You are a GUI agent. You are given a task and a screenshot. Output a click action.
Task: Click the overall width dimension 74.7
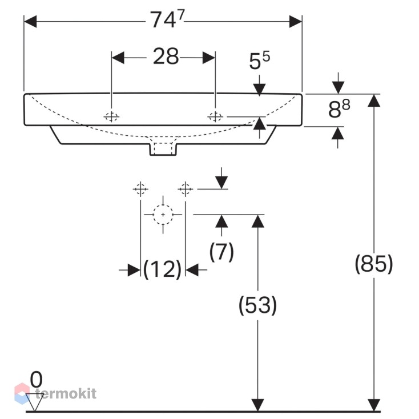click(167, 19)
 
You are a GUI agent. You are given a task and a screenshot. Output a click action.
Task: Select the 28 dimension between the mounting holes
click(166, 56)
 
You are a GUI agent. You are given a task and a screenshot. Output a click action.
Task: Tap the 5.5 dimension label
click(260, 61)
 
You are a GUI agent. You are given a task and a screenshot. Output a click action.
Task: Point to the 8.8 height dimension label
click(339, 109)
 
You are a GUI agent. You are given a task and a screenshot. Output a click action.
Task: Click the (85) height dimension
click(374, 264)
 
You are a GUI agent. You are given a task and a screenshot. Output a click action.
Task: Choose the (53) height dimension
click(257, 305)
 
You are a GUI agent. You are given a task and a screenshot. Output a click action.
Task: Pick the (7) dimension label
click(221, 252)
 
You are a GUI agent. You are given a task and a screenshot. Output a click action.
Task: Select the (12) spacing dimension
click(163, 269)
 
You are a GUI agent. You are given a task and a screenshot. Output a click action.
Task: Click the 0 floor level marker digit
click(37, 380)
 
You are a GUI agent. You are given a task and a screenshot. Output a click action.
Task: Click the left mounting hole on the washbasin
click(111, 117)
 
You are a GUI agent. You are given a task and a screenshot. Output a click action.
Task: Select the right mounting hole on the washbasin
click(215, 117)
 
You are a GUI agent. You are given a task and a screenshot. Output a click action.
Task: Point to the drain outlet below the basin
click(163, 149)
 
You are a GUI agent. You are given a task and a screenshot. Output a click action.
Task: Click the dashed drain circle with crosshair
click(163, 215)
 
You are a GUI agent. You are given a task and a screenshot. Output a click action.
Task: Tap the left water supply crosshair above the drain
click(140, 189)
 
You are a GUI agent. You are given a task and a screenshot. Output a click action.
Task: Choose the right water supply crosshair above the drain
click(186, 189)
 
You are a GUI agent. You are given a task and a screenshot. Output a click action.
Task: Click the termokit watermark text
click(66, 393)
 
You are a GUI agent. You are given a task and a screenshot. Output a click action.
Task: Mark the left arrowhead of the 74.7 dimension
click(30, 21)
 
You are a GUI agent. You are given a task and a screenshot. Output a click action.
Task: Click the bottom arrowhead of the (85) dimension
click(374, 405)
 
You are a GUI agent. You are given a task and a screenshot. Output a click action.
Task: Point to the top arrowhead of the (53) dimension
click(258, 221)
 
